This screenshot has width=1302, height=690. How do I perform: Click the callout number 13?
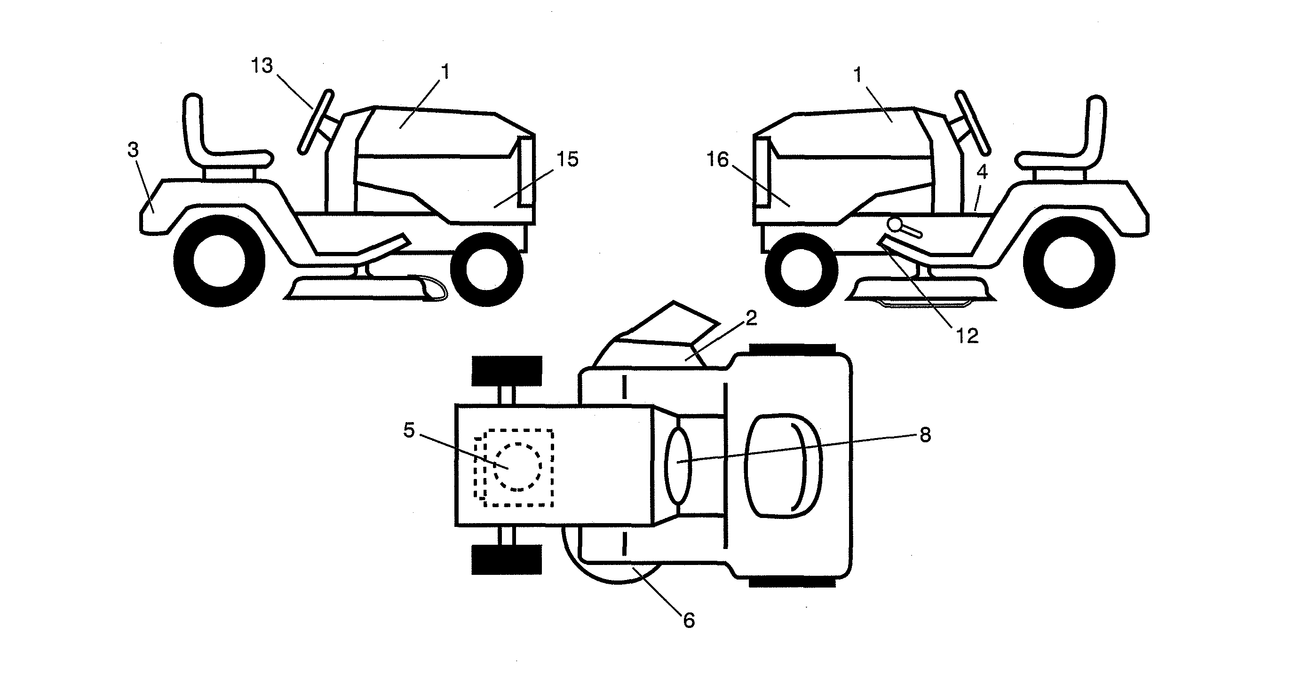point(262,66)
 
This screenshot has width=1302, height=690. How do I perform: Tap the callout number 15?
point(567,160)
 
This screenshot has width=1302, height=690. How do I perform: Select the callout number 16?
point(718,160)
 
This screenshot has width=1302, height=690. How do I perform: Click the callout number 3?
point(133,150)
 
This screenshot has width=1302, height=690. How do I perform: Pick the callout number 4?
point(982,172)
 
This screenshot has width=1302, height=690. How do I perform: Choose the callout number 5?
point(409,431)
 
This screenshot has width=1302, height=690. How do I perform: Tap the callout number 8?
point(925,434)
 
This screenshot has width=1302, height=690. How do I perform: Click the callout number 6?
point(689,621)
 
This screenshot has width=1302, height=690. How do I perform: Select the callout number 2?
point(751,318)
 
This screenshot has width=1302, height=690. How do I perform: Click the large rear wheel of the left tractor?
point(219,262)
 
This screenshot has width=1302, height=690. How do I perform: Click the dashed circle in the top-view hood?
point(517,466)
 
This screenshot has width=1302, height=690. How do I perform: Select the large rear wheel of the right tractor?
point(1069,263)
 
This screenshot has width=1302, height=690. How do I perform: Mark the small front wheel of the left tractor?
point(486,269)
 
